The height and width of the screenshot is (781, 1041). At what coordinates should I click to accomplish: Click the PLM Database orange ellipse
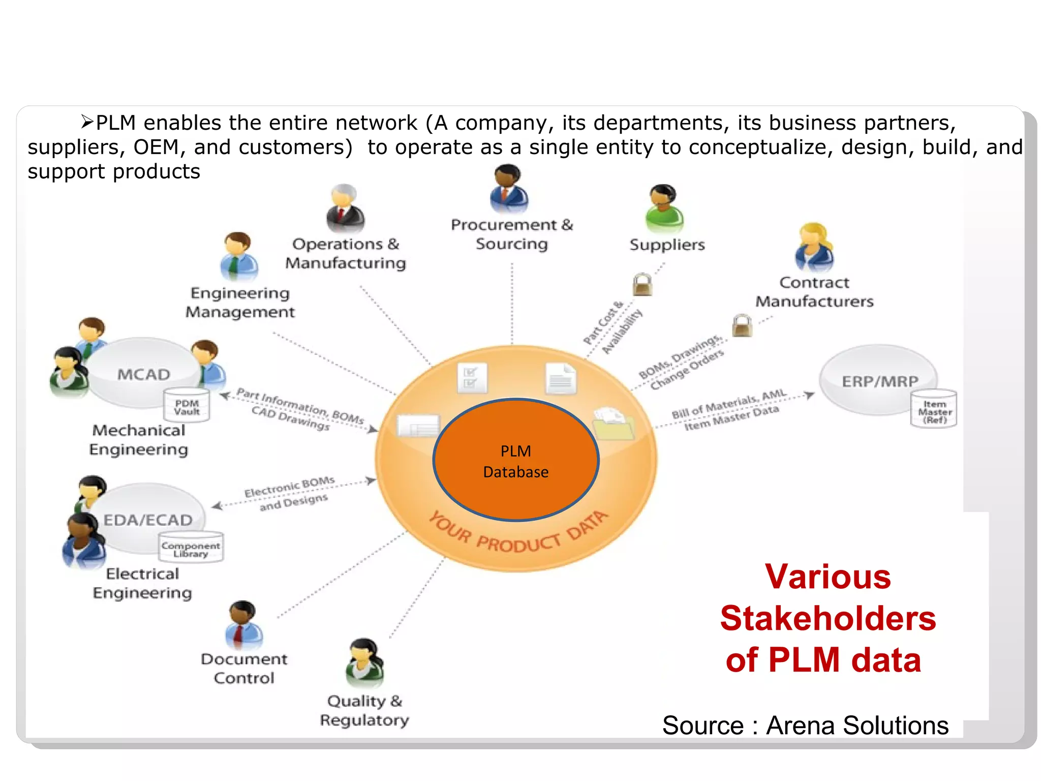(x=515, y=460)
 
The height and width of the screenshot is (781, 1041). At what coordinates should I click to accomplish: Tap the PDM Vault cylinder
(x=187, y=406)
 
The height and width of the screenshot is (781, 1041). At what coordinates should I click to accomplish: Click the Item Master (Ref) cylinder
(x=934, y=410)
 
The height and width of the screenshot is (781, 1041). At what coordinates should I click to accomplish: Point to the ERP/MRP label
(x=880, y=381)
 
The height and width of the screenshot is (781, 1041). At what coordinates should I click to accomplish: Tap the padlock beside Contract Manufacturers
(x=742, y=325)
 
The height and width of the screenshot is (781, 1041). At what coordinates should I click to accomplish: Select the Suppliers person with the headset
(x=664, y=208)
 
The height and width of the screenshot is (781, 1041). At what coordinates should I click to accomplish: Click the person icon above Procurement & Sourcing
(x=509, y=189)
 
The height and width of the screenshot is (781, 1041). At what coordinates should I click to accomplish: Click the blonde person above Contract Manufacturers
(x=814, y=248)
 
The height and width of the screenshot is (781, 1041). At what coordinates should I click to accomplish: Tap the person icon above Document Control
(x=243, y=625)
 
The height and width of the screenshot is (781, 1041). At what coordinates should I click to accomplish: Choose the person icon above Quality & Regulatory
(x=364, y=663)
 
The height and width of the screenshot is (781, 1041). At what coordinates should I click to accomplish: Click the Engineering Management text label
(x=240, y=303)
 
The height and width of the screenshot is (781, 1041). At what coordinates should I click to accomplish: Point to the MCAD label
(x=144, y=375)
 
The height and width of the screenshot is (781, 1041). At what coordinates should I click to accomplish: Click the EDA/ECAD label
(x=148, y=520)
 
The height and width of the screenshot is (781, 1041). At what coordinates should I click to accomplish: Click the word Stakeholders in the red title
(x=828, y=619)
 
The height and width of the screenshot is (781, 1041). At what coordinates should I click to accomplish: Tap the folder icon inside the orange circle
(x=614, y=423)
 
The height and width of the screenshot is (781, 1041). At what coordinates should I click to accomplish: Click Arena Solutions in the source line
(x=857, y=726)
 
